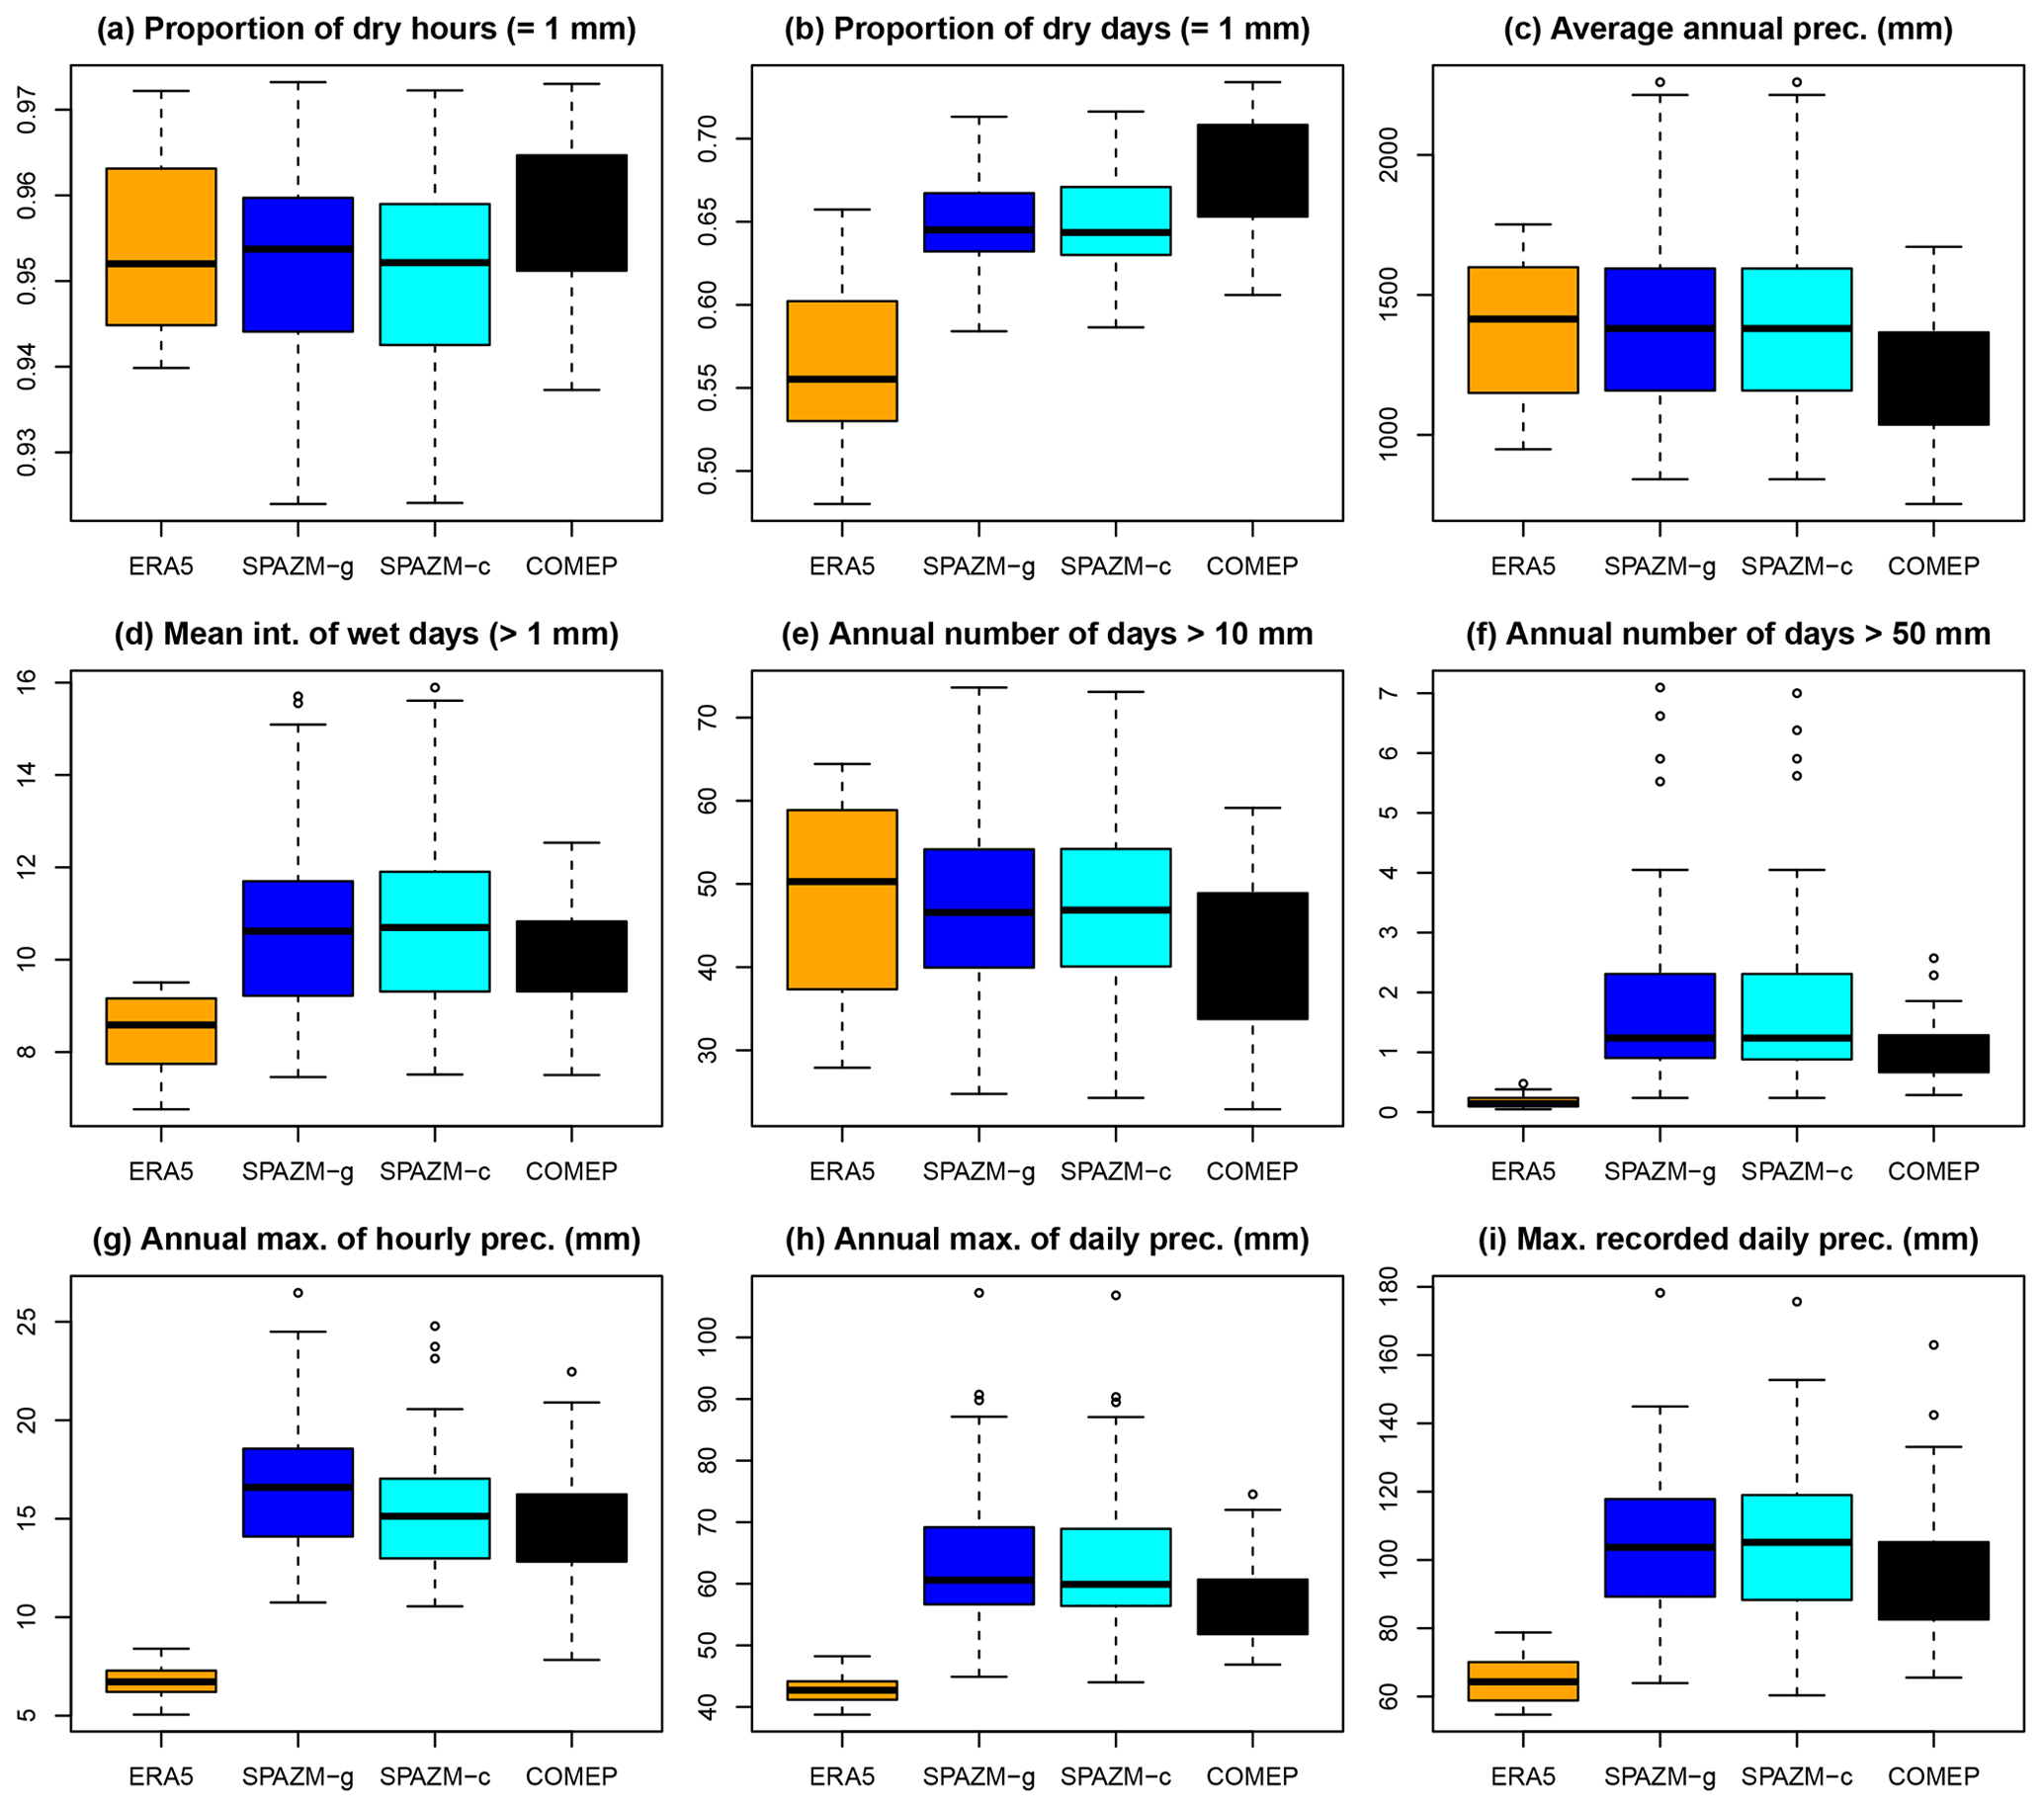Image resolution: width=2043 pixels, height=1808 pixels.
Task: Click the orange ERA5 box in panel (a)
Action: pos(161,246)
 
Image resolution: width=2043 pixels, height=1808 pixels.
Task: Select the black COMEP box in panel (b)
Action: pos(1251,170)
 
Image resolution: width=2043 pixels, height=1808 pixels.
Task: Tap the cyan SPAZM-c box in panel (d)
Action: pos(435,930)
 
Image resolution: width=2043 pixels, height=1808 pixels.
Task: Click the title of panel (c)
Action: pos(1727,29)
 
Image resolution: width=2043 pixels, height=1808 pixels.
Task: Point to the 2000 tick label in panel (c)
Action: pos(1392,154)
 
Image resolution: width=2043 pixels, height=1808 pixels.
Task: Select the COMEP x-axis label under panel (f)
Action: pos(1933,1170)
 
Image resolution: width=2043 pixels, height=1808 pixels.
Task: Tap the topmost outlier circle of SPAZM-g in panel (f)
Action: pos(1660,688)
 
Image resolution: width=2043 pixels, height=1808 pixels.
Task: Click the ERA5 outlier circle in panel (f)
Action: pos(1523,1083)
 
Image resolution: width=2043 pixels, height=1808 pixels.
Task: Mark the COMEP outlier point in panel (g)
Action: pos(571,1371)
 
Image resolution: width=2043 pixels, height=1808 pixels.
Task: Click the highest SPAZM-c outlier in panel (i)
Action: pos(1797,1301)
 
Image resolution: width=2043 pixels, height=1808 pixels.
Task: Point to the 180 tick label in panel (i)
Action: pos(1392,1292)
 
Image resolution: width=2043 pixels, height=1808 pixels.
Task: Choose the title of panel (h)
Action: pos(1047,1240)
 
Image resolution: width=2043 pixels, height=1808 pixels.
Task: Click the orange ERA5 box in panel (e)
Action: pos(841,899)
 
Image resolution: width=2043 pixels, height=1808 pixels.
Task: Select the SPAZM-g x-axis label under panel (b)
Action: pos(979,566)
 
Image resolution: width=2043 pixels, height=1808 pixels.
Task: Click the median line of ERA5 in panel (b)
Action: pos(841,379)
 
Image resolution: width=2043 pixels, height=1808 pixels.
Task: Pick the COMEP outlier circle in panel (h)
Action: pos(1252,1495)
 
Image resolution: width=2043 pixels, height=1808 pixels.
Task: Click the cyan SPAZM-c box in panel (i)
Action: pos(1797,1547)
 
